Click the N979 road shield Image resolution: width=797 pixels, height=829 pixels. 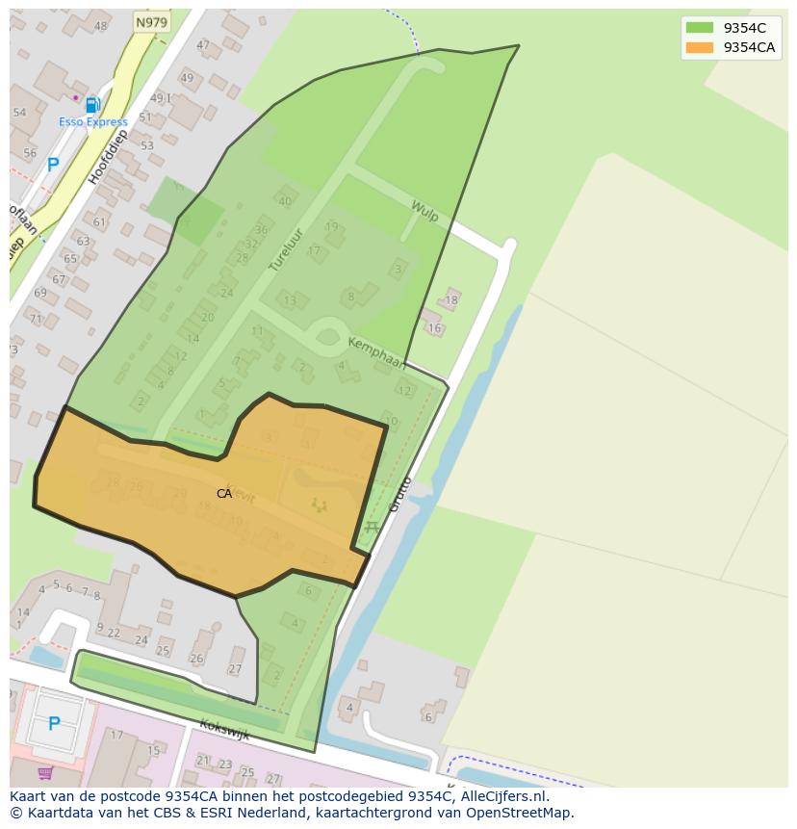pos(151,22)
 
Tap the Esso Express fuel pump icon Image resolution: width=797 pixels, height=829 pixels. pos(92,106)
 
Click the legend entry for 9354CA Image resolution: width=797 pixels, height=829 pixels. pos(749,47)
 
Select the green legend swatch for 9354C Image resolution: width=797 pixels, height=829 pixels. pos(700,29)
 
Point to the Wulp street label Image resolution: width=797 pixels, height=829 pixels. pos(424,211)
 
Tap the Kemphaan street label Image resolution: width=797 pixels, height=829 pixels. pos(376,352)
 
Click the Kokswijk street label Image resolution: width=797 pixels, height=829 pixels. pos(224,729)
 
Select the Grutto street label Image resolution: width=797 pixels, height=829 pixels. pos(399,493)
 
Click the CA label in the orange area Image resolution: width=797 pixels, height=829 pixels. pos(224,494)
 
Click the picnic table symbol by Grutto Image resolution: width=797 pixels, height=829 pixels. pos(372,527)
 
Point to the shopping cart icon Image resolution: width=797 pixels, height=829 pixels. pos(45,772)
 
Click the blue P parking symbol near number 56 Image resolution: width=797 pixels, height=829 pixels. pos(53,165)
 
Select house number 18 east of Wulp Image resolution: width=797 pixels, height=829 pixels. pos(450,300)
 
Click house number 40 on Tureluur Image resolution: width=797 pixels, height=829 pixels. pos(284,201)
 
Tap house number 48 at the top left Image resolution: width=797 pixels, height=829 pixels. pos(100,26)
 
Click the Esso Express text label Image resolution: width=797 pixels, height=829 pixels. pos(92,122)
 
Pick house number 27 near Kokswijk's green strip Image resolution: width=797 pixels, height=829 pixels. pos(235,669)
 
